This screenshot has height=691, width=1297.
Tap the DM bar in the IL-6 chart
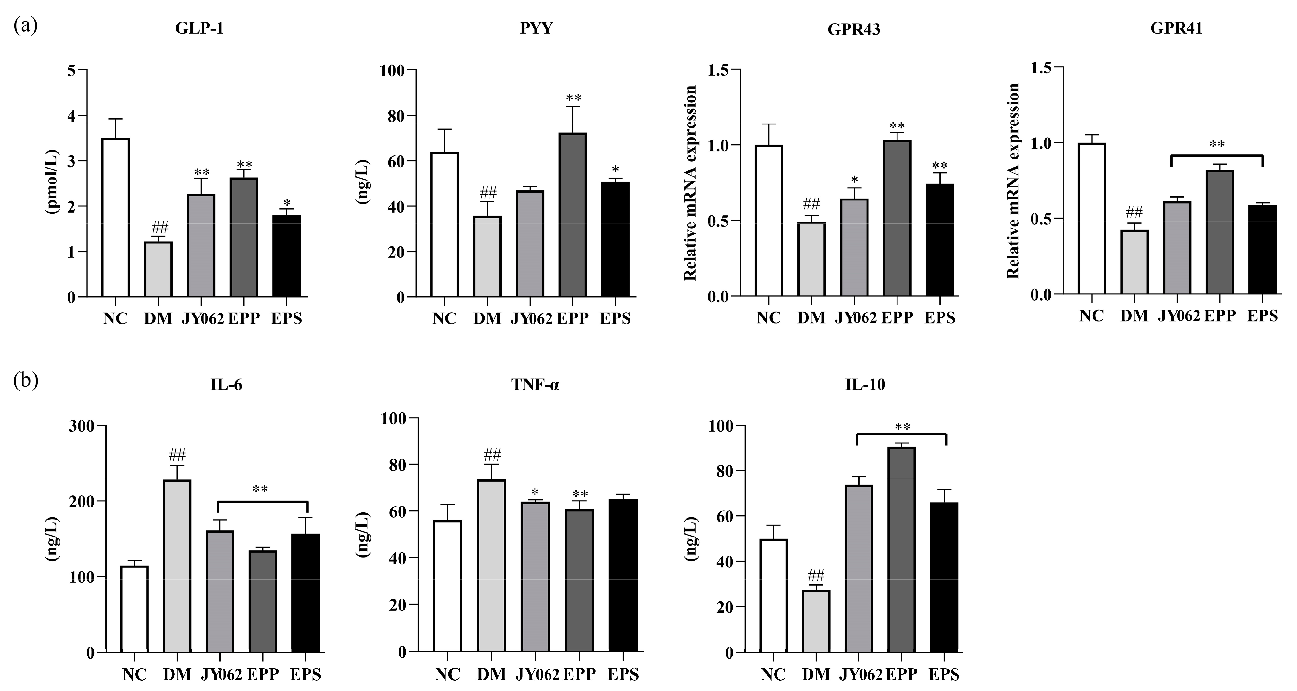point(177,566)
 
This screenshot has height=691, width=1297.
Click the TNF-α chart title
point(535,385)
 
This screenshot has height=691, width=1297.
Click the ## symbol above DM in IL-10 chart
point(816,575)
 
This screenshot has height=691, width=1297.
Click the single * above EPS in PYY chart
point(615,169)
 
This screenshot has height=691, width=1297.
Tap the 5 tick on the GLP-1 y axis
point(71,70)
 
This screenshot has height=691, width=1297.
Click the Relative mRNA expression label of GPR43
point(690,182)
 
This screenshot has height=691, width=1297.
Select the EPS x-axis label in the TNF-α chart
point(623,674)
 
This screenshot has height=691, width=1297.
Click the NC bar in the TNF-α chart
point(447,586)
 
